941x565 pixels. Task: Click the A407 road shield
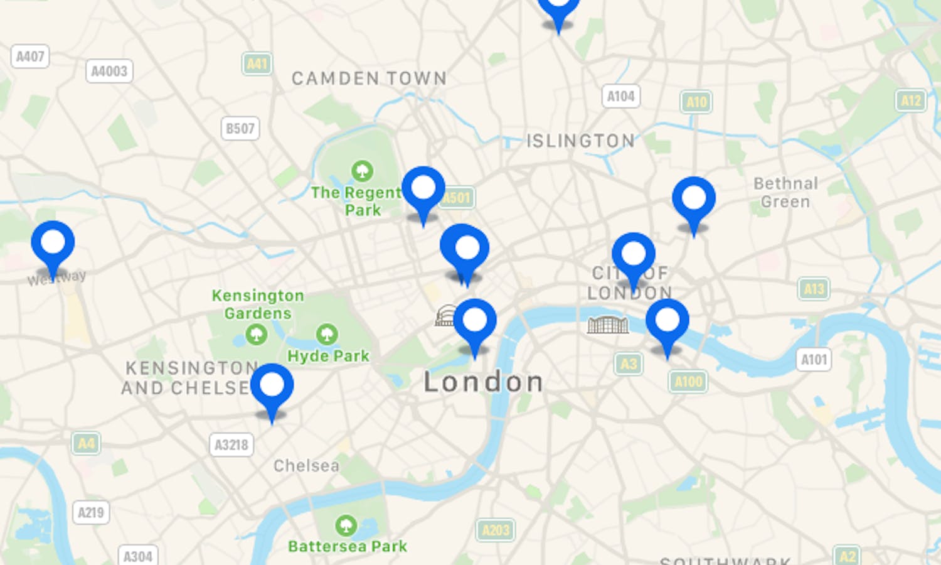29,56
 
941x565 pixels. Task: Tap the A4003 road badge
109,71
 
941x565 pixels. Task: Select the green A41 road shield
257,63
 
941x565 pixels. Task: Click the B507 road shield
240,129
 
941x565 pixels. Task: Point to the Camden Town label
369,78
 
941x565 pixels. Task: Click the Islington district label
580,141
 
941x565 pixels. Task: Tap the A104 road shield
620,96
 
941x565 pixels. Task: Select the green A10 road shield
696,102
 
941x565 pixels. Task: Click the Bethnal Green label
785,192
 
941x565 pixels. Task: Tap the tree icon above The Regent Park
362,170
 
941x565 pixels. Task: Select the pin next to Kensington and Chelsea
272,387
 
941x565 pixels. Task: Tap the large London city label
483,382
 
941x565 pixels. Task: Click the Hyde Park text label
328,356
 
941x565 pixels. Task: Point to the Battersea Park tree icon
346,525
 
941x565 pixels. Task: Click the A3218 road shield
231,445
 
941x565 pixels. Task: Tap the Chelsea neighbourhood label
306,466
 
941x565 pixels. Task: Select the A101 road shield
814,360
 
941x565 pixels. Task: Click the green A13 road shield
814,289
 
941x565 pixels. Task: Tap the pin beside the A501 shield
423,190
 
